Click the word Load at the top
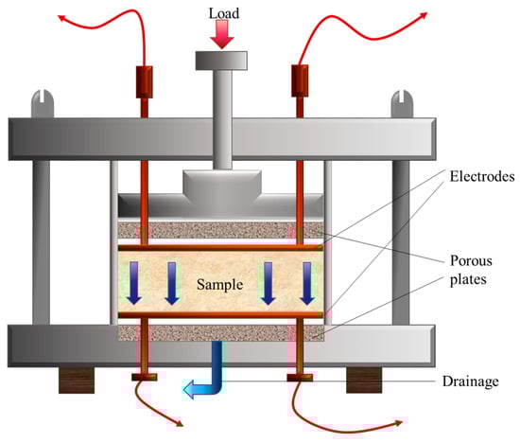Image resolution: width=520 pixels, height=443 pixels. click(x=224, y=13)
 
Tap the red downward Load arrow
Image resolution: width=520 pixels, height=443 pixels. click(x=222, y=34)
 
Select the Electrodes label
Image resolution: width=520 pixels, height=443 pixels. click(x=482, y=176)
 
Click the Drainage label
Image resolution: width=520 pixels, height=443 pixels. click(x=471, y=381)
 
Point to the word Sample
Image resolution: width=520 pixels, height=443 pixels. click(x=220, y=285)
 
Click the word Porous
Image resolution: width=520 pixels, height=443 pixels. click(x=471, y=260)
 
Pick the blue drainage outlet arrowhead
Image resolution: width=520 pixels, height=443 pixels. click(x=190, y=389)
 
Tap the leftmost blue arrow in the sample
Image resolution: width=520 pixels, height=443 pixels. click(x=134, y=283)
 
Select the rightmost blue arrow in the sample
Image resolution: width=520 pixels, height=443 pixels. click(x=307, y=283)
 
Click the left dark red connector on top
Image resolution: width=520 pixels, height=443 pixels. click(x=145, y=82)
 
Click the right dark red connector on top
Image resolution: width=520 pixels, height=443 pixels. click(x=300, y=80)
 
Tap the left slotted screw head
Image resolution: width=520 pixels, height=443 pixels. click(x=43, y=103)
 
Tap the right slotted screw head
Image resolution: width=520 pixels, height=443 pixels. click(x=402, y=103)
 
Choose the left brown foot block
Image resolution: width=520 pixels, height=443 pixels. click(x=77, y=381)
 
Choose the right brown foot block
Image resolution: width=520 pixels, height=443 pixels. click(x=364, y=381)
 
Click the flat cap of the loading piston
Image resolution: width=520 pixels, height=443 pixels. click(x=221, y=61)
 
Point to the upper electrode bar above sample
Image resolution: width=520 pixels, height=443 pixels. click(x=220, y=248)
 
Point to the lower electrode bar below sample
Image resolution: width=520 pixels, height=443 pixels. click(x=220, y=315)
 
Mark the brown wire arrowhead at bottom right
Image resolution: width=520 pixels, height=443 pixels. click(x=399, y=423)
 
